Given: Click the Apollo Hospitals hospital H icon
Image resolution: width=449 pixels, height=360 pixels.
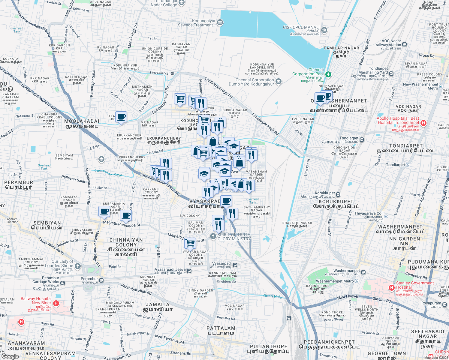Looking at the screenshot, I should coord(423,123).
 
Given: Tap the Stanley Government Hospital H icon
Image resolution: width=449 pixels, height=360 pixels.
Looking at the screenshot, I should coord(391,288).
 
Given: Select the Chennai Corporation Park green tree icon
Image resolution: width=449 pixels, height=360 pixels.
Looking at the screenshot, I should coord(329,74).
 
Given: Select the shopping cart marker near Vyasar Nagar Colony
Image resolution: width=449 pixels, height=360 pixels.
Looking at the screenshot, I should coord(190,243).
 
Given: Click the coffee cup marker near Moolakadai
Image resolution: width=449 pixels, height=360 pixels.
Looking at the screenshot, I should coord(121,117).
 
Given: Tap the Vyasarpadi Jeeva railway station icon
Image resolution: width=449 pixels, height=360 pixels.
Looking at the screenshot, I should coord(189,271).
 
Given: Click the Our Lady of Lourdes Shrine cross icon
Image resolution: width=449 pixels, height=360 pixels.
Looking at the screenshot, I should coord(78,266).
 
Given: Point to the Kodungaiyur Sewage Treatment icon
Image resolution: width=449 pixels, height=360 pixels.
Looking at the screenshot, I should coord(220,22).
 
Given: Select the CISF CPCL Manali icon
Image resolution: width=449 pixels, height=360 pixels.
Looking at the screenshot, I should coord(324,30).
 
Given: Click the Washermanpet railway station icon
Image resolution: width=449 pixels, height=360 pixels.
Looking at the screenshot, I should coord(363,272).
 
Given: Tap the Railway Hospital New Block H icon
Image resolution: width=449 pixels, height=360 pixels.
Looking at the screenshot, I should coord(56,303).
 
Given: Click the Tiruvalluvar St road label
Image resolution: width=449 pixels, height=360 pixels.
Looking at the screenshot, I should coord(162,73).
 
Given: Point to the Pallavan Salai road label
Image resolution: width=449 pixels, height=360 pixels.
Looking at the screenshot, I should coord(73,179).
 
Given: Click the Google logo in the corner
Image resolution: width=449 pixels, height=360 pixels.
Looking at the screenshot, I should coord(10,356).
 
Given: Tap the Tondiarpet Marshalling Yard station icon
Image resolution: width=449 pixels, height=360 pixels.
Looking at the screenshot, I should coord(391,73).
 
